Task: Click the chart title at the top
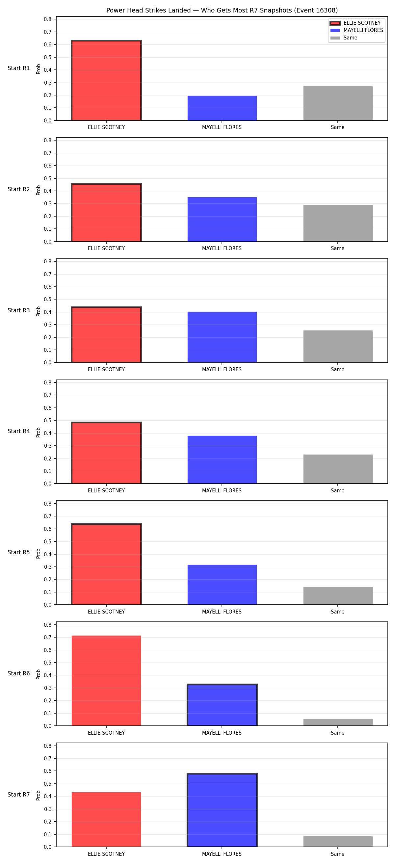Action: (222, 11)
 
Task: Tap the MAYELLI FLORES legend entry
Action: (356, 30)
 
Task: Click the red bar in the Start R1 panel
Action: (106, 81)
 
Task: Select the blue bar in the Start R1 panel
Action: (222, 108)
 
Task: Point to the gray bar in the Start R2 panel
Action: (338, 223)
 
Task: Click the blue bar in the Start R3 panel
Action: (222, 337)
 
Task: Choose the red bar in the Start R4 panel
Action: (106, 453)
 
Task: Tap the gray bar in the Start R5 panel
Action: (338, 596)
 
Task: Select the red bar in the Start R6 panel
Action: (106, 681)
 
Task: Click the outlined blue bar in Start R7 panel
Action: (222, 810)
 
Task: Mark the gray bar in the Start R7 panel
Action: (338, 842)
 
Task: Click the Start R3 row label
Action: (19, 311)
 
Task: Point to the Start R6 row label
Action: (19, 673)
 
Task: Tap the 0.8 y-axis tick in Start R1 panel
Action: (48, 19)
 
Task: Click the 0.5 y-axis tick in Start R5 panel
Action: (48, 542)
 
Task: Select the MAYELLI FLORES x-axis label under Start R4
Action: (222, 491)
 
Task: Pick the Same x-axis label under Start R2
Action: (338, 249)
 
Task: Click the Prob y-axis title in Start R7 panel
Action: (39, 796)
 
